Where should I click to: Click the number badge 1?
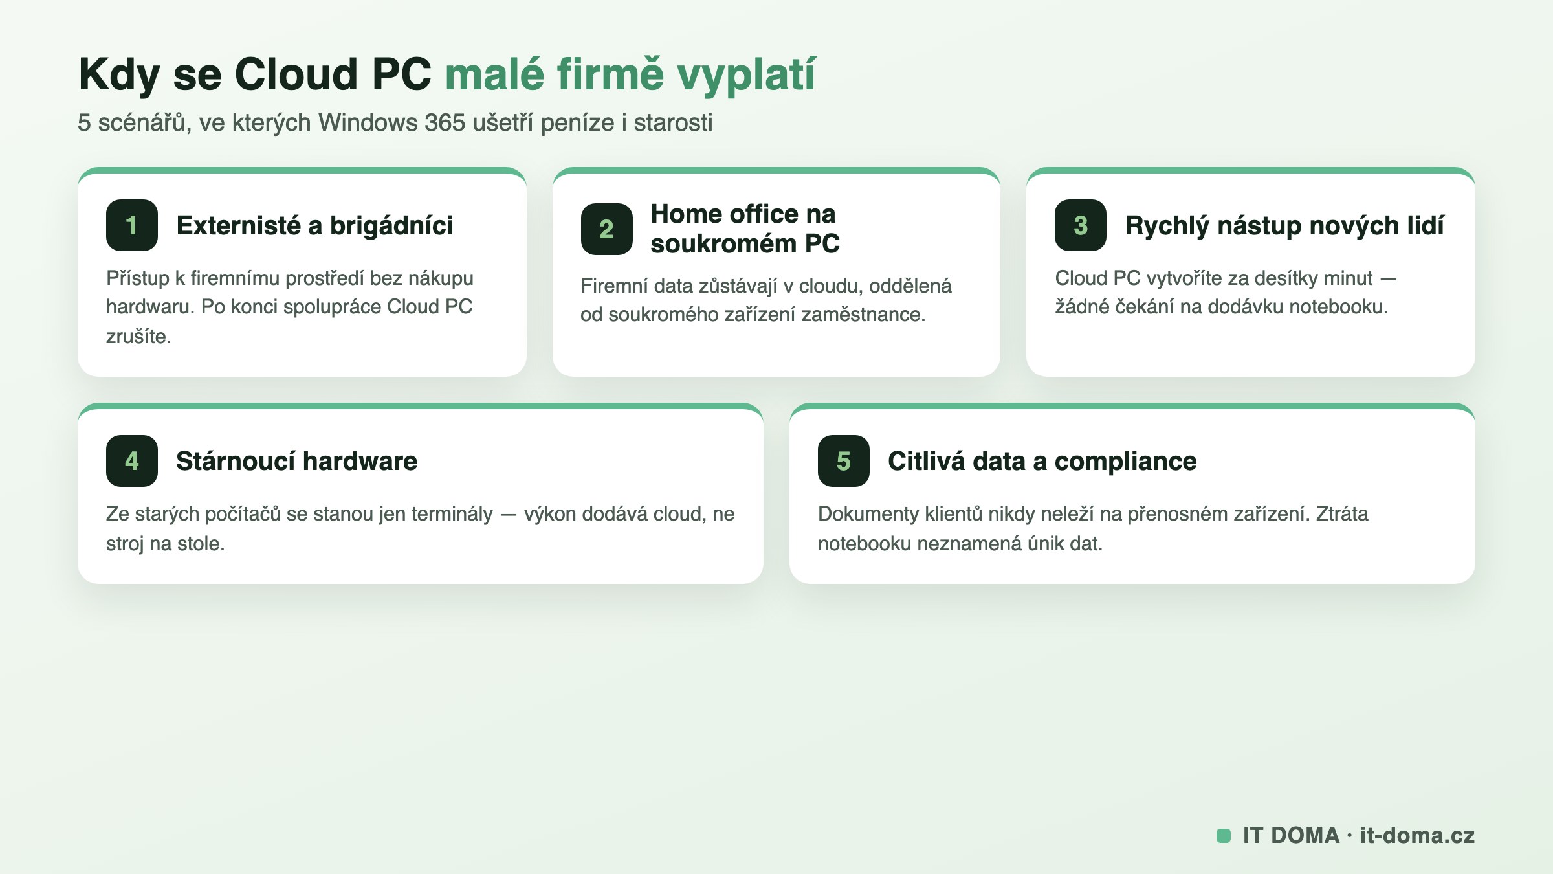(132, 225)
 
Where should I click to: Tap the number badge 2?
(606, 229)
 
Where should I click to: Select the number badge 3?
(1081, 225)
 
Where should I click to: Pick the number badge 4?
(132, 461)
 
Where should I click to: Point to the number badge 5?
(844, 461)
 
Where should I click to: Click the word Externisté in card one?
(239, 225)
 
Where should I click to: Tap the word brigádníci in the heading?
(391, 226)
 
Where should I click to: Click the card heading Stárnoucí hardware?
(297, 461)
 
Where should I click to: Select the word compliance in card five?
(1126, 462)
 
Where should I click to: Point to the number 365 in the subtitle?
(445, 122)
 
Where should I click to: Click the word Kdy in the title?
(120, 75)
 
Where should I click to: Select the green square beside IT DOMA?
(1224, 836)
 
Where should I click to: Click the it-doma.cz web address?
(1417, 835)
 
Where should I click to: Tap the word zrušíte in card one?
(138, 336)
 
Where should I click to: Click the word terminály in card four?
(452, 514)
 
